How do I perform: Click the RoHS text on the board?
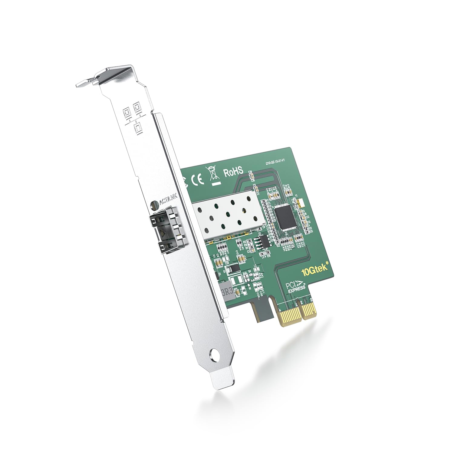pos(233,172)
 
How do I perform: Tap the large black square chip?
pos(284,216)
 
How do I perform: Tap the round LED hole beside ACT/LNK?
pos(155,205)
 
